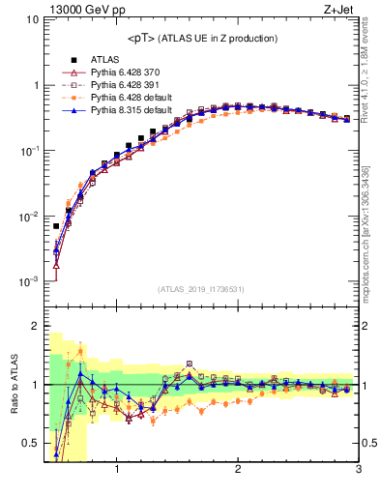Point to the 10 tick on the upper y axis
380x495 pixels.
tap(31, 19)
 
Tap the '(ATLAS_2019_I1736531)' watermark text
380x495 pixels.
tap(201, 289)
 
